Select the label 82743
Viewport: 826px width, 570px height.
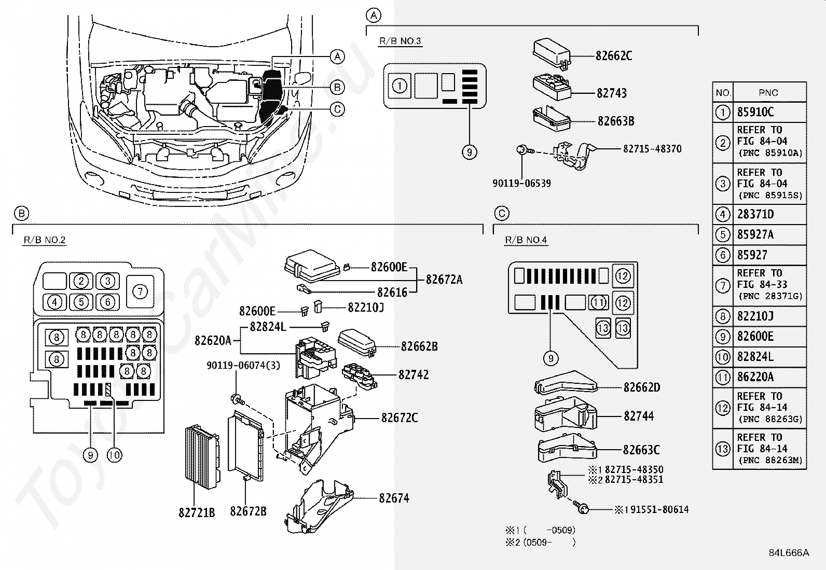click(612, 93)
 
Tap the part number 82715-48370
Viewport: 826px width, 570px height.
click(652, 149)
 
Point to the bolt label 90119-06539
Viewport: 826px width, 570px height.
click(521, 183)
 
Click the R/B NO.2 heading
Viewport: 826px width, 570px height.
click(45, 240)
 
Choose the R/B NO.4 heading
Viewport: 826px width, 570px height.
click(526, 240)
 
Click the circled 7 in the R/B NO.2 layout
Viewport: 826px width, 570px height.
click(140, 291)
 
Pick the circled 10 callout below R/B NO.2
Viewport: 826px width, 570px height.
click(114, 455)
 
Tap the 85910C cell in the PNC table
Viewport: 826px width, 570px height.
click(755, 112)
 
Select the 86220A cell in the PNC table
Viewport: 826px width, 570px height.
click(755, 377)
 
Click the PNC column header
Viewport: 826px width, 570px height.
click(768, 93)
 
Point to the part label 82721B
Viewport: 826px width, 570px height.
click(197, 512)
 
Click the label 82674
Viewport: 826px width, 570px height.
click(394, 498)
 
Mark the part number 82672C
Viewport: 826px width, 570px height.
click(399, 418)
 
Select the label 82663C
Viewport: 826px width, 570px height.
click(641, 450)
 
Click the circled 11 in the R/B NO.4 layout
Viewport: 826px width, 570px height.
click(599, 302)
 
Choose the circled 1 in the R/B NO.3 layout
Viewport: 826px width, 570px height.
click(400, 86)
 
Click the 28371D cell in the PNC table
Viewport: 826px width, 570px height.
click(755, 214)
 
